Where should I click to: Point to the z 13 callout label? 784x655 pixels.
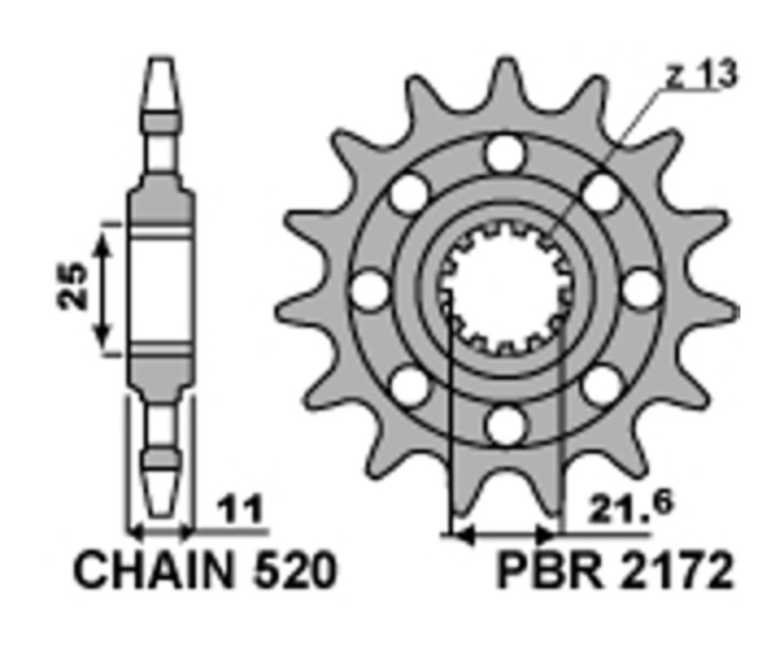[x=700, y=77]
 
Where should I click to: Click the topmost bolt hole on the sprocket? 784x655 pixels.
[x=505, y=154]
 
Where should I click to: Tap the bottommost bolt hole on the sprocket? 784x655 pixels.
[x=505, y=425]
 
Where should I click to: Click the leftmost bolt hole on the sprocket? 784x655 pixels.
[x=370, y=289]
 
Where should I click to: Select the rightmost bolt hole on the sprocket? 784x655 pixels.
[x=642, y=289]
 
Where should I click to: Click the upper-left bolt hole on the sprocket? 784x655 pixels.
[x=409, y=193]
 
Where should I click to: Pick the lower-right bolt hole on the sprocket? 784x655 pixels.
[x=602, y=386]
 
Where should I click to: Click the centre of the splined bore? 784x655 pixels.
[x=505, y=290]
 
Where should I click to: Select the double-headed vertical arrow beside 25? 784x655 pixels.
[x=103, y=288]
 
